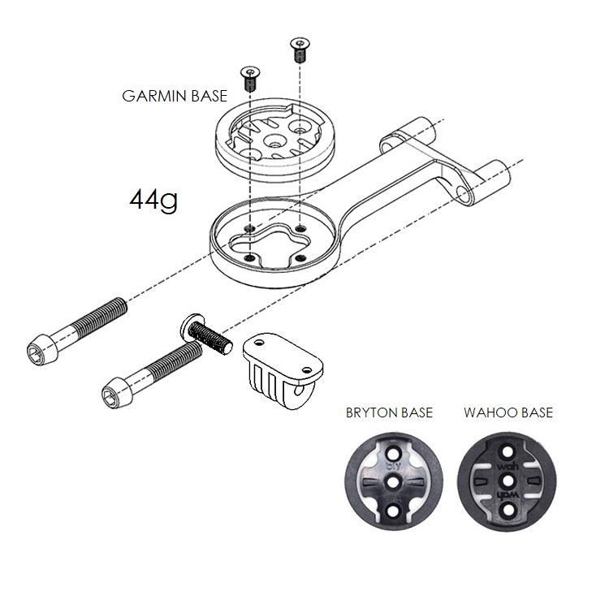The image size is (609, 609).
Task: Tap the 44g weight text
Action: tap(153, 200)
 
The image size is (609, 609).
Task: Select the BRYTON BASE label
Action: tap(389, 412)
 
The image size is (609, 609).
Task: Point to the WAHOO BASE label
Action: tap(508, 412)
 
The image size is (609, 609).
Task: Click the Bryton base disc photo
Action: tap(393, 480)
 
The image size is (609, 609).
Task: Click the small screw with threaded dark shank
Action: tap(251, 80)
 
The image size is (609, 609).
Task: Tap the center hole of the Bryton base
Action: tap(393, 481)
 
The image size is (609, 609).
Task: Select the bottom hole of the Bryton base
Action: tap(393, 509)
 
